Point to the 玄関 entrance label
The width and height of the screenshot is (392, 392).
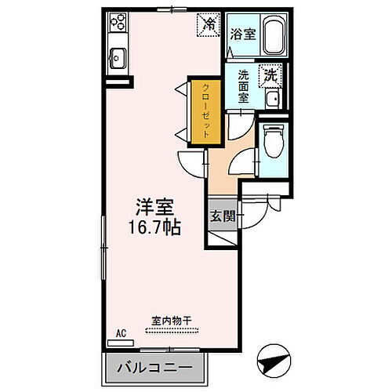(220, 217)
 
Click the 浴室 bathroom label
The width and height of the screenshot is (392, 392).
(243, 34)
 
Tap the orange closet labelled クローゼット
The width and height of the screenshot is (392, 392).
(203, 110)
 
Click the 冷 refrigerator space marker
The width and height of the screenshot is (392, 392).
(209, 24)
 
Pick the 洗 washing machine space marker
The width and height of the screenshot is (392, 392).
(270, 77)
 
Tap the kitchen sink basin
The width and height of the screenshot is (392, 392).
(118, 57)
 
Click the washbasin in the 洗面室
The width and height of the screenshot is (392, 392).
(270, 100)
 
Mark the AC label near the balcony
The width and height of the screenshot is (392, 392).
(121, 333)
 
